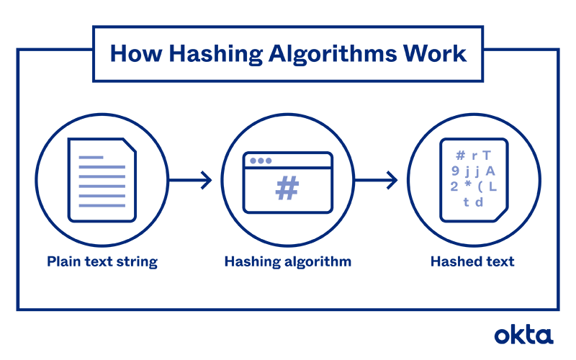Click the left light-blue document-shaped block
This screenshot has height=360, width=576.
pos(102,181)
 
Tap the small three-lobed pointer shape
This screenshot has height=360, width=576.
pos(262,161)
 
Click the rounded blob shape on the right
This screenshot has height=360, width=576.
pos(473,179)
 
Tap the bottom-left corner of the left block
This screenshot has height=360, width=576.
pos(77,213)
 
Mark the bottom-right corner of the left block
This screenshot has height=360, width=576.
pos(128,213)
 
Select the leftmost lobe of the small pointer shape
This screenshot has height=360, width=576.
pos(251,161)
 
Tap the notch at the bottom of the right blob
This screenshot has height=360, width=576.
pos(473,211)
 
